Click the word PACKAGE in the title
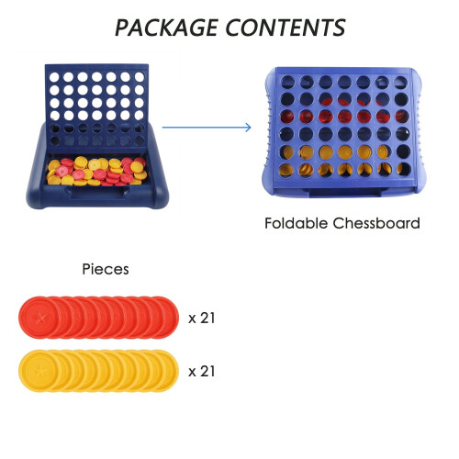coord(167,28)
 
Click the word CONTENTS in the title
coord(285,28)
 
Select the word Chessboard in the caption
coord(376,223)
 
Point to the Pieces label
coord(106,270)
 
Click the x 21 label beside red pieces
coord(202,318)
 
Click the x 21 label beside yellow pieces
coord(202,371)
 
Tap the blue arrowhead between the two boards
coord(248,128)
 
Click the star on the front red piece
coord(39,318)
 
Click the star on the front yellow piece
coord(39,371)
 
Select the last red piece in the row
coord(168,318)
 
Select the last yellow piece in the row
coord(168,371)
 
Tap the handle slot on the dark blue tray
coord(97,192)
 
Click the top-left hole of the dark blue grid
coord(54,77)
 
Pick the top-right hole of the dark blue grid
coord(140,77)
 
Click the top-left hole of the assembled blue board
coord(287,82)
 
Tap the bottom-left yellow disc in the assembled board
coord(285,170)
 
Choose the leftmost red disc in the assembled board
coord(286,117)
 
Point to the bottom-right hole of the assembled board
coord(403,169)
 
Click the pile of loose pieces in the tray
coord(96,172)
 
